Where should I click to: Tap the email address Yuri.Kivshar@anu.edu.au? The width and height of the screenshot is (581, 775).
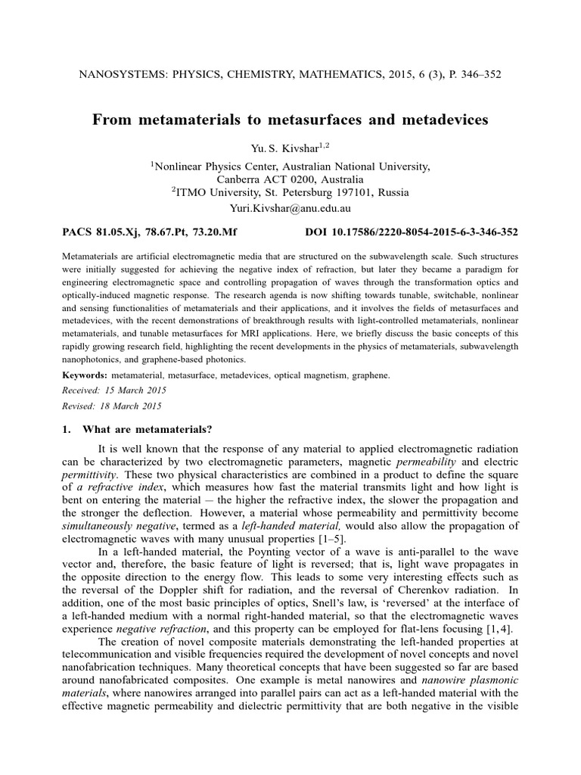point(290,207)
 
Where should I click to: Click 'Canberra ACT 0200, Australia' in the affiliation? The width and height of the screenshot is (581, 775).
point(290,179)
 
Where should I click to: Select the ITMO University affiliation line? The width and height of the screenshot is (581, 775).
point(290,192)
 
